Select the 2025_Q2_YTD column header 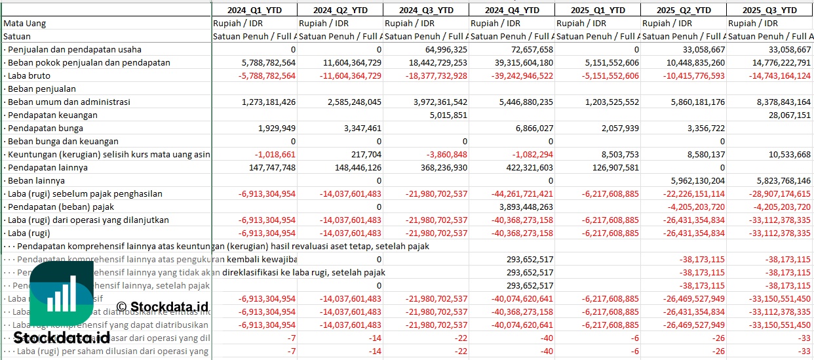tap(684, 10)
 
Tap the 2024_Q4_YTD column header tap(512, 10)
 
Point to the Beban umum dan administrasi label tap(69, 102)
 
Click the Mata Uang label tap(25, 23)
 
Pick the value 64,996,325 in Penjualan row tap(442, 49)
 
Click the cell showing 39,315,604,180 tap(512, 62)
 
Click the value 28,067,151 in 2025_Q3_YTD tap(787, 115)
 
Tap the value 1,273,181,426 tap(260, 102)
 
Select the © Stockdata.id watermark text tap(162, 306)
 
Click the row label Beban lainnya tap(36, 180)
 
